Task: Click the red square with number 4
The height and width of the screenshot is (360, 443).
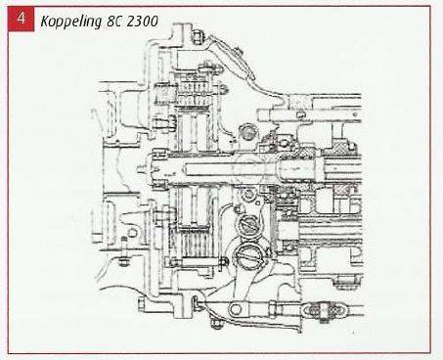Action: pos(22,19)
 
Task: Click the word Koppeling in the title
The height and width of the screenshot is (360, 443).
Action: pos(71,22)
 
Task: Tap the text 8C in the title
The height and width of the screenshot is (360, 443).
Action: pos(113,22)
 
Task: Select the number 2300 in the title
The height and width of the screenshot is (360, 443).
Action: pos(142,22)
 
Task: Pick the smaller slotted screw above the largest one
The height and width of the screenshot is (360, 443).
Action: pos(247,226)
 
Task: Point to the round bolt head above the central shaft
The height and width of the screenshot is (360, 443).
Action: pos(248,132)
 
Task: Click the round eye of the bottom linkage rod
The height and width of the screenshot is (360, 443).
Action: pos(236,309)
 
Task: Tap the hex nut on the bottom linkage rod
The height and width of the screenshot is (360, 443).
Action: pos(273,309)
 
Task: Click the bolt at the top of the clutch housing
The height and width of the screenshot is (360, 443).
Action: pos(198,36)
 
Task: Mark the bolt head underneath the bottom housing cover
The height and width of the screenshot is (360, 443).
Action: pos(216,324)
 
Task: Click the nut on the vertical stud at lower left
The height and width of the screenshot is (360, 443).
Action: pos(123,261)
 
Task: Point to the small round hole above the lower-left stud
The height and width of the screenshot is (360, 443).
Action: pos(132,233)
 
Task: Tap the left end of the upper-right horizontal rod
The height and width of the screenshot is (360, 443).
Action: pos(261,115)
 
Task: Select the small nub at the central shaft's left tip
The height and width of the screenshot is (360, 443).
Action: pos(141,169)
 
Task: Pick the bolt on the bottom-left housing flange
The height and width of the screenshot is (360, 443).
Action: pos(142,304)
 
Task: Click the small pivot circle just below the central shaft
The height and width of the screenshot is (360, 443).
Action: pos(249,195)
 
